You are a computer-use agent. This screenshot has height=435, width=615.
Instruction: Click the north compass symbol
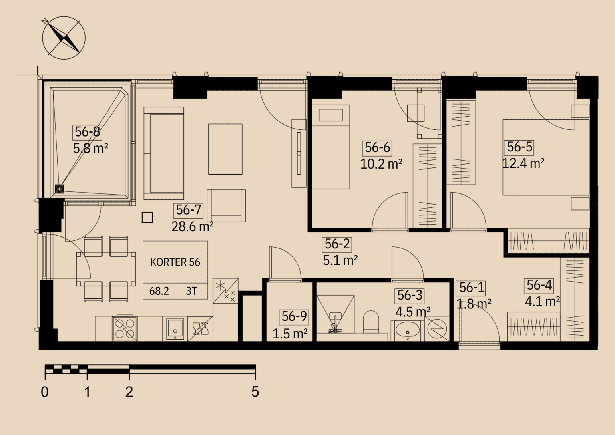tap(64, 38)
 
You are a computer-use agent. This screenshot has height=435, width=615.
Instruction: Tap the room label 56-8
tap(88, 132)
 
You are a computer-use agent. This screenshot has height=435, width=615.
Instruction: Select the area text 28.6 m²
tap(193, 227)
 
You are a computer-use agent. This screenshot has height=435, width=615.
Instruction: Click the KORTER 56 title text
tap(175, 262)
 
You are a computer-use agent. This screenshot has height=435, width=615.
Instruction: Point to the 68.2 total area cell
tap(159, 291)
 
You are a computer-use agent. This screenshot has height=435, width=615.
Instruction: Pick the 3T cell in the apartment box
tap(191, 291)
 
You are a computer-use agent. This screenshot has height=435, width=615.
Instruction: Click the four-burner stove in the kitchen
tap(125, 329)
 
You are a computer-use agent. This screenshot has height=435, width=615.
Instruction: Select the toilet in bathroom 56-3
tap(371, 322)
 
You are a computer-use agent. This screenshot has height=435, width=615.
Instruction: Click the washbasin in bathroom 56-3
tap(408, 332)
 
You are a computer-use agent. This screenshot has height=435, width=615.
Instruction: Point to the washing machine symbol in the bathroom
tap(437, 329)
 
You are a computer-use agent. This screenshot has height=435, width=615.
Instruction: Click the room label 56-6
tap(378, 148)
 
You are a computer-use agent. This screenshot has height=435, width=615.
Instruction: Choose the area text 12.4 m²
tap(523, 164)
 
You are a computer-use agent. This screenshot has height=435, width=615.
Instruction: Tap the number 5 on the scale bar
tap(255, 392)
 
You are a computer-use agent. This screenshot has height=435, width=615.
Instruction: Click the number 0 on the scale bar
tap(45, 392)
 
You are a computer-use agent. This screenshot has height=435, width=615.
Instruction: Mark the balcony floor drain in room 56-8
tap(60, 189)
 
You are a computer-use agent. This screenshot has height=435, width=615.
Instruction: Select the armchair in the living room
tap(226, 205)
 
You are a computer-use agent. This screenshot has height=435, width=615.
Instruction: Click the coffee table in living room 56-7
tap(225, 149)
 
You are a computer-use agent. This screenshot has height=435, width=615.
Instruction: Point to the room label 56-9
tap(294, 316)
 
